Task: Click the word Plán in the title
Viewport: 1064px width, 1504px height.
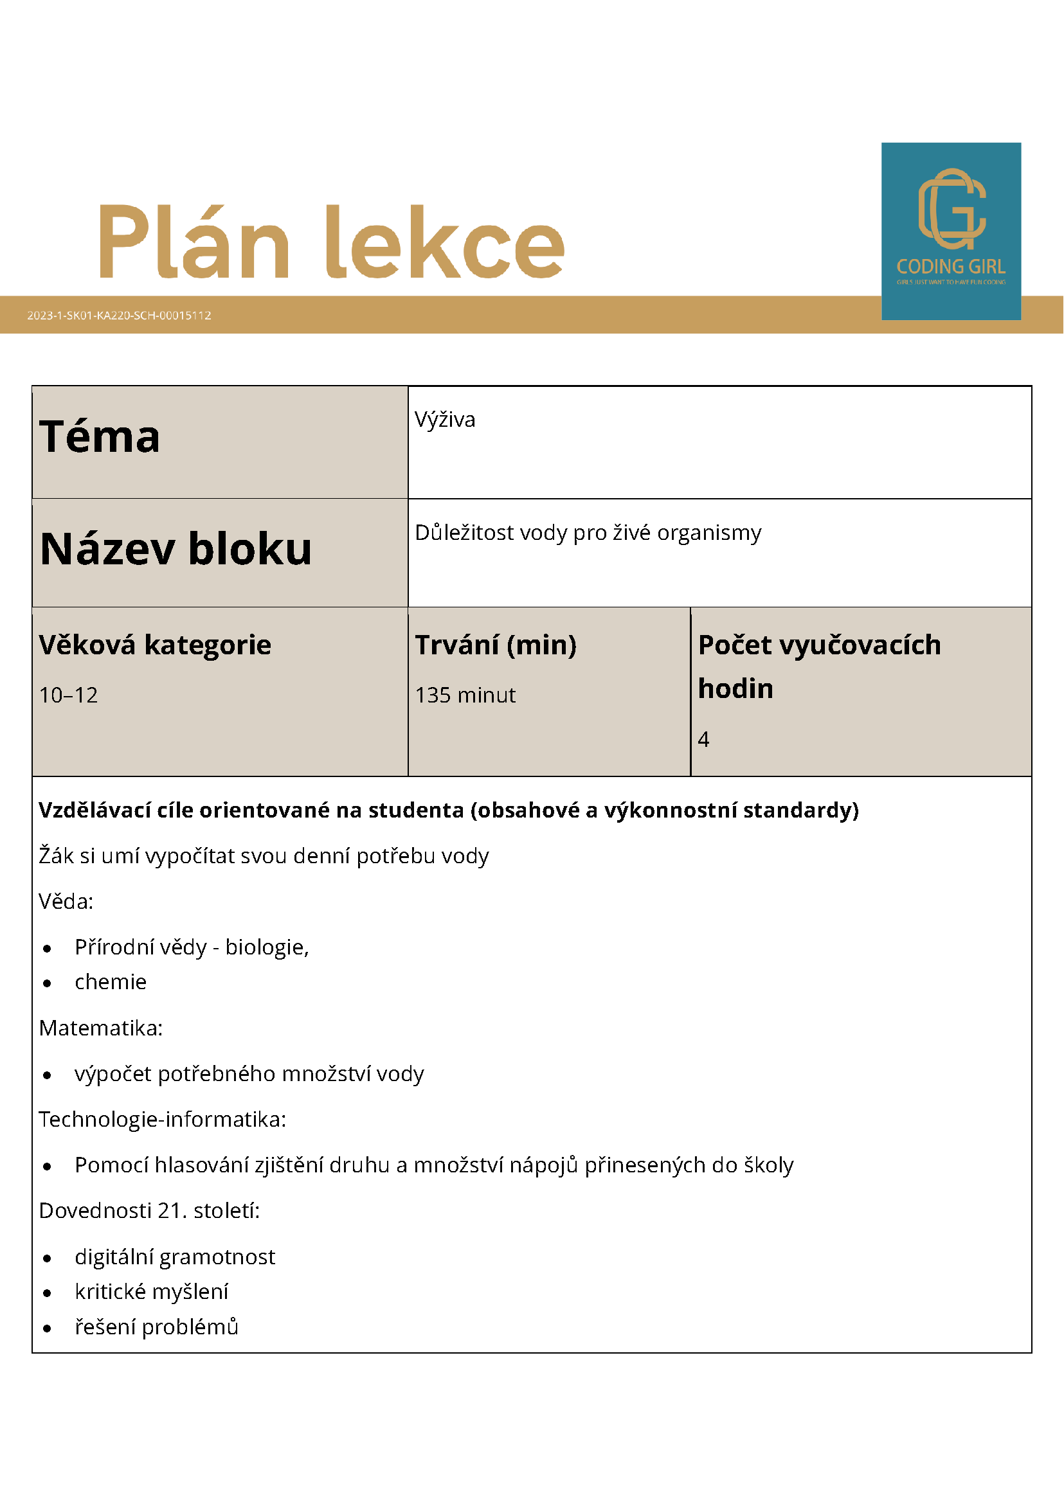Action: (x=194, y=242)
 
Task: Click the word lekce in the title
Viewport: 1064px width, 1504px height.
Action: (x=445, y=242)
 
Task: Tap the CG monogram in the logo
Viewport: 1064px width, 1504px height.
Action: (x=951, y=209)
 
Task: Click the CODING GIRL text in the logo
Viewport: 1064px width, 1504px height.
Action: (x=951, y=267)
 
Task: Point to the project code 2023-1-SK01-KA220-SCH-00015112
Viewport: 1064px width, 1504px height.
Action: (x=119, y=315)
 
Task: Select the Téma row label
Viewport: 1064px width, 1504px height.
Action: (x=100, y=437)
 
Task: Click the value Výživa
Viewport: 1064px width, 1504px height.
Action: (x=445, y=420)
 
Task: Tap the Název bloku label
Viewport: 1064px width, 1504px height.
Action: (x=176, y=549)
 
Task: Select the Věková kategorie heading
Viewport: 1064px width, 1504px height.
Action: (x=155, y=645)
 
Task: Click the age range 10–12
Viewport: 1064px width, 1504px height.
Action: (x=68, y=695)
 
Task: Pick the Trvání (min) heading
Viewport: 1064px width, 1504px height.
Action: (x=496, y=645)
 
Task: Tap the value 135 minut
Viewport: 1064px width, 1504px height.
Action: (x=465, y=695)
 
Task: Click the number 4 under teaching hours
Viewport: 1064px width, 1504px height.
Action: (x=704, y=740)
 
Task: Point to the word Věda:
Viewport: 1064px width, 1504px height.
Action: (x=66, y=902)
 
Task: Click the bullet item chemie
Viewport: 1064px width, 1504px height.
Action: (x=111, y=982)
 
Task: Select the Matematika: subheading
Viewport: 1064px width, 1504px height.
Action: (x=101, y=1028)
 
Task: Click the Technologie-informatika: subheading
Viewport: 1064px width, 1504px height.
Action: (x=163, y=1120)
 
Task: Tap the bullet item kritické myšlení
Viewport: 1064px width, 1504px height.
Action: (x=151, y=1292)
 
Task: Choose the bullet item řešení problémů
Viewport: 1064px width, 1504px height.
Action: (x=157, y=1327)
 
